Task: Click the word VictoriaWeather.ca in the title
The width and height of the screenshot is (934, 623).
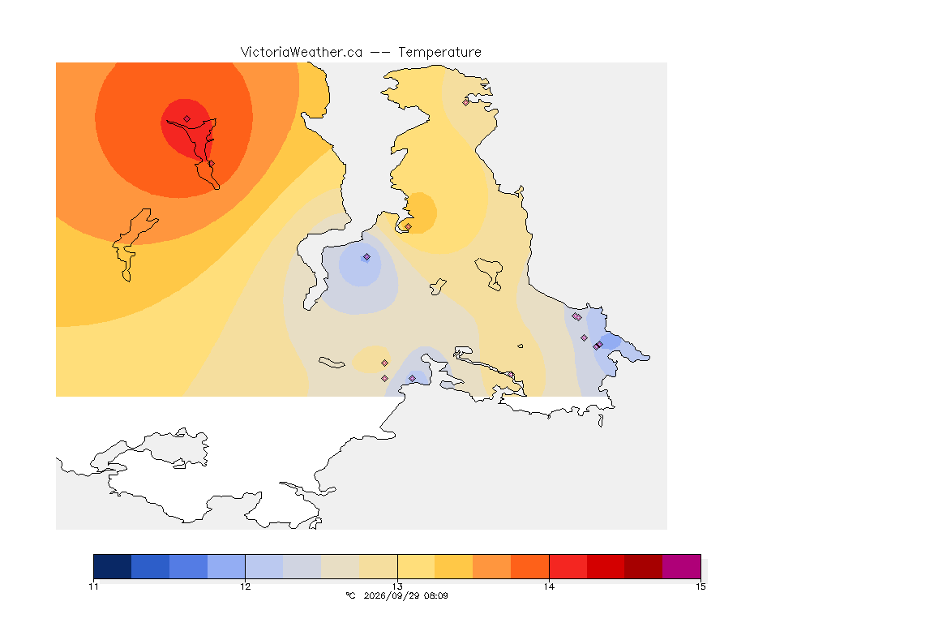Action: click(302, 53)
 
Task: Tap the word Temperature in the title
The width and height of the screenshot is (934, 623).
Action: click(439, 53)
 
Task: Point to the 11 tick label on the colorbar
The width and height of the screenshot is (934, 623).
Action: click(93, 586)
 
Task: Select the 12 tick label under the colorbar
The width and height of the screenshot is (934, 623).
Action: click(246, 586)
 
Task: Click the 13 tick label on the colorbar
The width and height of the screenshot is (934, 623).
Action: click(397, 586)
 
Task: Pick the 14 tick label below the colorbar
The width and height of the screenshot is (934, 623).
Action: click(549, 586)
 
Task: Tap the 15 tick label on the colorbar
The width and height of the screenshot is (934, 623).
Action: click(700, 586)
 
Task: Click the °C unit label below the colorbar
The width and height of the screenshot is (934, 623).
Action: click(350, 595)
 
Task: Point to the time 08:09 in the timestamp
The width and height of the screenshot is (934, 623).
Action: click(436, 595)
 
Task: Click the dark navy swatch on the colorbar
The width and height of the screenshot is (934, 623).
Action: click(113, 566)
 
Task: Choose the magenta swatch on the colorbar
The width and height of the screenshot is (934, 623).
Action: click(681, 566)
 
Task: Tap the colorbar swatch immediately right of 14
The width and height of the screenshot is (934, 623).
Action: click(568, 566)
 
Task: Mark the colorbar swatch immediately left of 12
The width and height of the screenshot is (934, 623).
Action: click(226, 566)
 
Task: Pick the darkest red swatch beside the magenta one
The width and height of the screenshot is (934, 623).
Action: click(643, 566)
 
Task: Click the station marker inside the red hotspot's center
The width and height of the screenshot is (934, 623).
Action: click(187, 119)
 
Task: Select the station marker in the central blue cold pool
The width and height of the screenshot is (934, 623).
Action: click(367, 257)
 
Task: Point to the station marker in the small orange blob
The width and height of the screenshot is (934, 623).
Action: click(408, 226)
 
